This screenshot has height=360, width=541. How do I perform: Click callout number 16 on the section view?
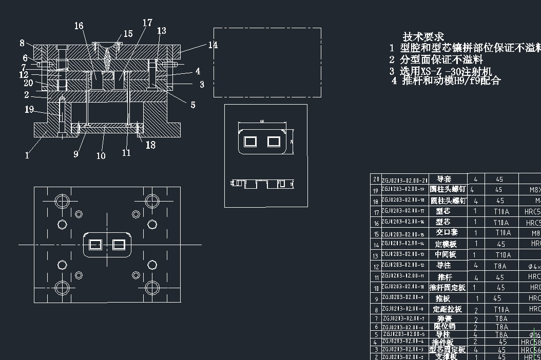coord(79,26)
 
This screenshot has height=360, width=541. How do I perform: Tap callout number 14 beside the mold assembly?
coord(212,45)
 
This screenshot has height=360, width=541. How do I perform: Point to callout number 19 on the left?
coord(29,109)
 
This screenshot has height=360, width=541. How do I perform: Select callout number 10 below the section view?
coord(101,155)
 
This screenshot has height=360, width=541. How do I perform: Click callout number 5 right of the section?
coord(193,105)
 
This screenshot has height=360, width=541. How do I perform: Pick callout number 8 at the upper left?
coord(22,43)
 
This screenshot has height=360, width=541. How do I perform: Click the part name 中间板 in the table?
coord(446,254)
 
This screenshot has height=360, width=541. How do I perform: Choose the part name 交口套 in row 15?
coord(446,232)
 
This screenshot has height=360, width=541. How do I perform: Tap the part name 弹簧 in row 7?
coord(446,319)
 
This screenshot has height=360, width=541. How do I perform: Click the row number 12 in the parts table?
coord(376,266)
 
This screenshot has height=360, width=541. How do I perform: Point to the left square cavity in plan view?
coord(95,245)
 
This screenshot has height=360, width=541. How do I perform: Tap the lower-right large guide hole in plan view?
coord(151,287)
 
